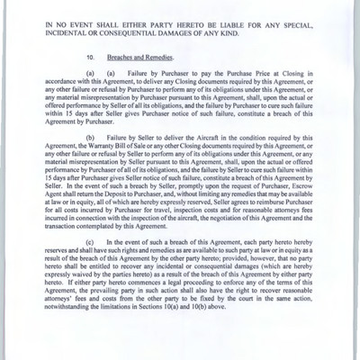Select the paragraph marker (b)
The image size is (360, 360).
click(x=92, y=153)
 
